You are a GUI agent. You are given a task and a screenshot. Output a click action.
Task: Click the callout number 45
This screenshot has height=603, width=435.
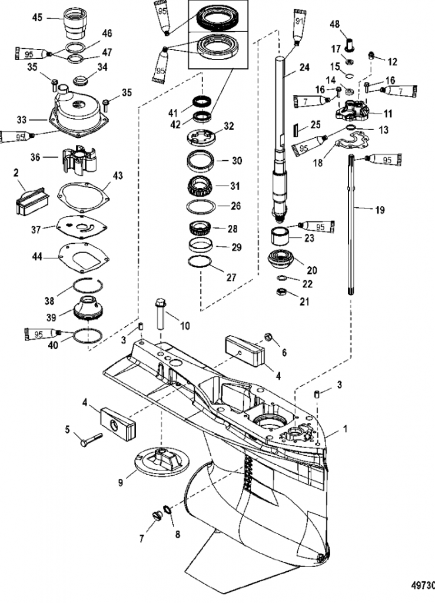pos(37,18)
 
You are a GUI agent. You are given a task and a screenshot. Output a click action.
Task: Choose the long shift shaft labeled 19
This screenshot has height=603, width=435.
pos(350,224)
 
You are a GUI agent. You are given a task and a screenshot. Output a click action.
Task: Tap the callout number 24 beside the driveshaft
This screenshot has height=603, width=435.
pos(304,67)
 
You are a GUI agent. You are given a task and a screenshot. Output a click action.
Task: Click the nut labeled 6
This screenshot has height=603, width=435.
pos(268,338)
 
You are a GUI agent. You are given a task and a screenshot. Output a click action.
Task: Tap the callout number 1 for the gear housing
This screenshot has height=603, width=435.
pos(345,428)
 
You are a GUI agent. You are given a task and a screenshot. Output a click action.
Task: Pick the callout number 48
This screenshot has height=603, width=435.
pos(335,24)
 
